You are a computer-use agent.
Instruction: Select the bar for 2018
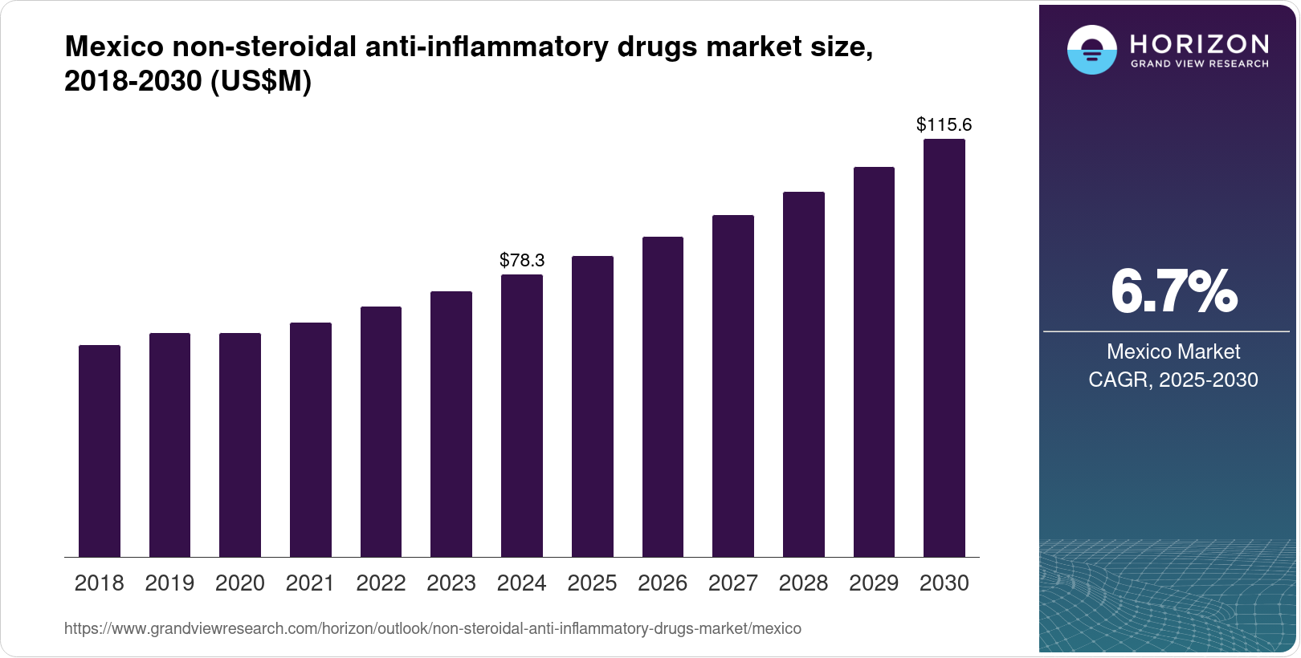click(x=100, y=451)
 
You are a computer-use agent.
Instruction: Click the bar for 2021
click(x=310, y=440)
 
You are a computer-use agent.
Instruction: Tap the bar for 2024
click(x=521, y=416)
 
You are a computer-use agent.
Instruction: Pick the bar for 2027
click(x=732, y=386)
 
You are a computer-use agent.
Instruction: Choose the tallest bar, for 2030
click(x=944, y=348)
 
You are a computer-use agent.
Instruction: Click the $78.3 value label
click(x=522, y=260)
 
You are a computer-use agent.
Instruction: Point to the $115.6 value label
click(x=944, y=124)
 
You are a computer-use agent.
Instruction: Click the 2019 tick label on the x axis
click(x=169, y=583)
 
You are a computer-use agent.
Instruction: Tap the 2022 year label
click(x=381, y=583)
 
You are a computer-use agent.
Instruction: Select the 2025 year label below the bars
click(x=592, y=583)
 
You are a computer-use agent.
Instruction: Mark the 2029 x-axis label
click(x=874, y=583)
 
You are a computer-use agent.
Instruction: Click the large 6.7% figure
click(x=1173, y=292)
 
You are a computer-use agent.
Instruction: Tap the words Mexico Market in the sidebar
click(x=1173, y=351)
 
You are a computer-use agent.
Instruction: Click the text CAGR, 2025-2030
click(x=1173, y=380)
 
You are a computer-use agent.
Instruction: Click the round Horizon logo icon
click(x=1091, y=50)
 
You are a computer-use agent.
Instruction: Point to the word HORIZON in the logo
click(x=1199, y=43)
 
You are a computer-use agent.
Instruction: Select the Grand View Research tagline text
click(x=1199, y=64)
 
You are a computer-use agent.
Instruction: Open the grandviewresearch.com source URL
click(x=432, y=628)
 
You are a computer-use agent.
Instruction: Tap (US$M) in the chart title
click(x=260, y=81)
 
